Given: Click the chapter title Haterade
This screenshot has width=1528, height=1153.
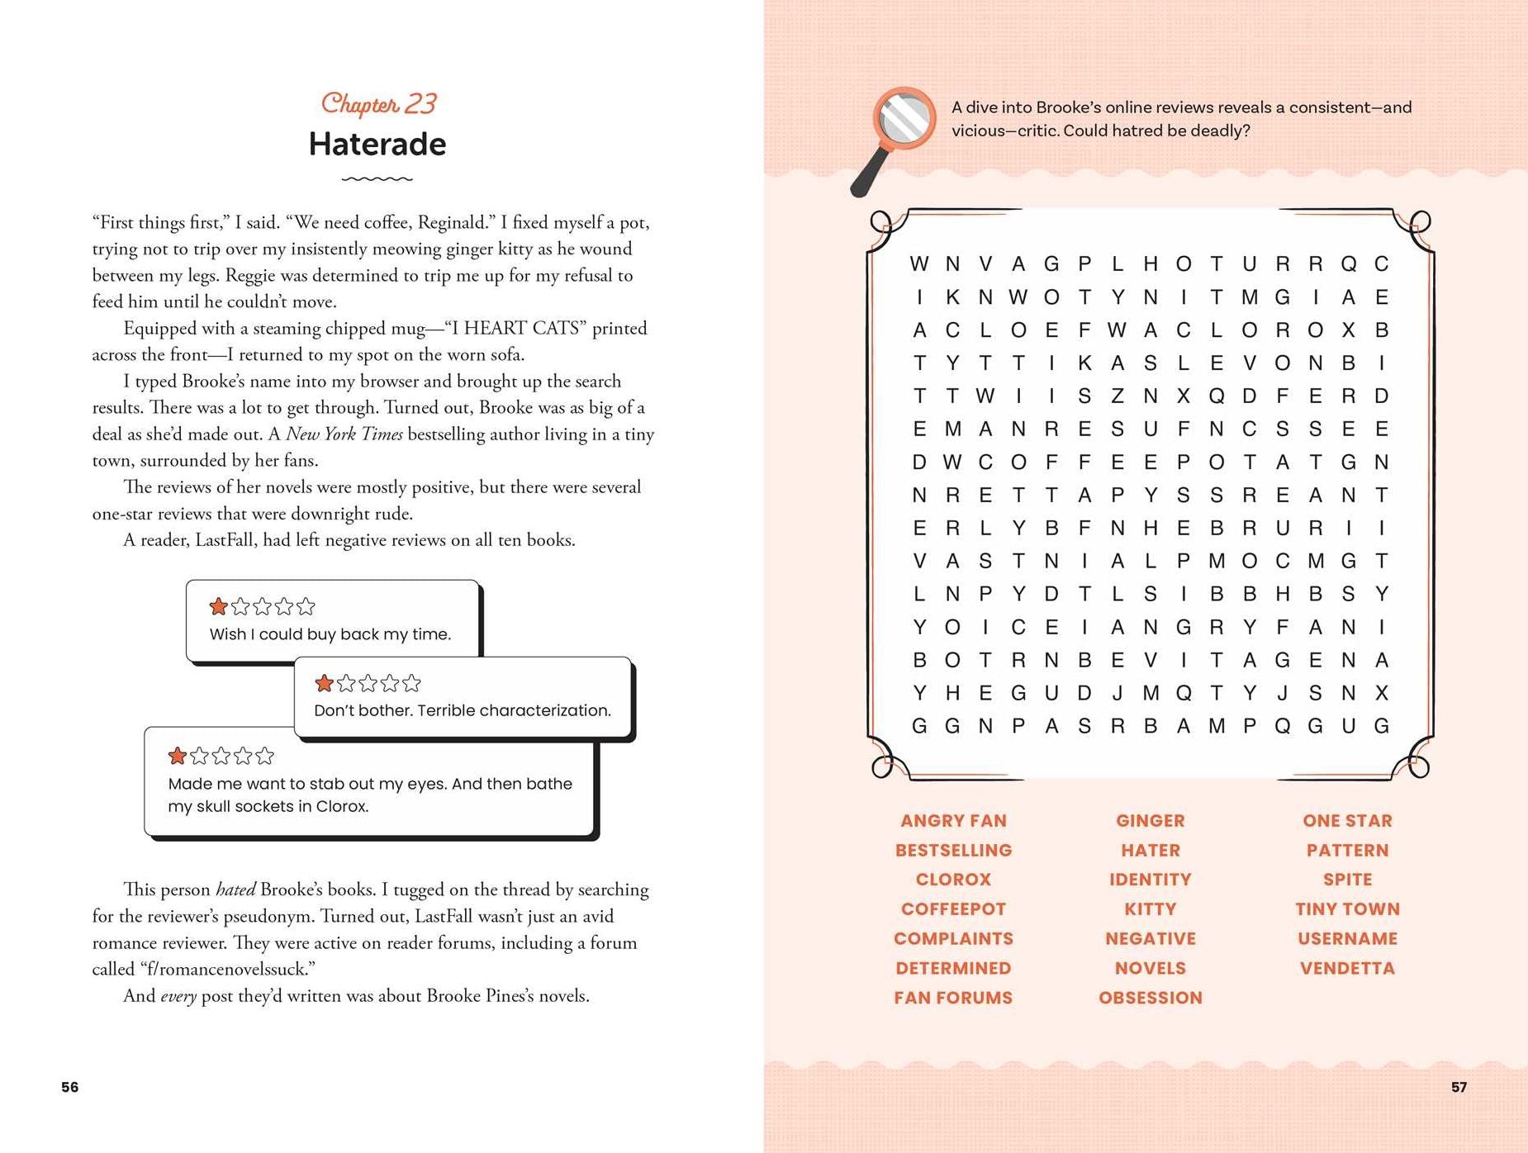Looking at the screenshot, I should click(x=377, y=145).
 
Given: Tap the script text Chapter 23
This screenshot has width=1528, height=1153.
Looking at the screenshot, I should click(x=378, y=104).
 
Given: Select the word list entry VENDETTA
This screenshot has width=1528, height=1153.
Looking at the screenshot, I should click(x=1347, y=968).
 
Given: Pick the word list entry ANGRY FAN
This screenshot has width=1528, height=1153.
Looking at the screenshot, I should click(x=953, y=821).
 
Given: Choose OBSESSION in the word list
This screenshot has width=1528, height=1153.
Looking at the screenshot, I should click(x=1150, y=998).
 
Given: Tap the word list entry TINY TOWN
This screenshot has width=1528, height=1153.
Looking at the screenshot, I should click(x=1347, y=909).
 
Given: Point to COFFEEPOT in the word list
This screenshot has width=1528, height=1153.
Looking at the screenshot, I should click(x=953, y=909).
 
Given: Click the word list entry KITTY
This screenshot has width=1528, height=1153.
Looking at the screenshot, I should click(x=1150, y=909).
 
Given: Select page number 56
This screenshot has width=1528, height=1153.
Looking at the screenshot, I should click(x=70, y=1087).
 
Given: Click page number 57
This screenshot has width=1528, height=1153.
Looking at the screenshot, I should click(x=1459, y=1087).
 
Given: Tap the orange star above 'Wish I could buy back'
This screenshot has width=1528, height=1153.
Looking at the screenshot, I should click(x=219, y=607).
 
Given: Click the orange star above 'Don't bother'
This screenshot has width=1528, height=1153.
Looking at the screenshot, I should click(x=325, y=683).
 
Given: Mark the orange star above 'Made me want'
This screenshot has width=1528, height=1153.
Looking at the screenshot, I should click(x=178, y=756).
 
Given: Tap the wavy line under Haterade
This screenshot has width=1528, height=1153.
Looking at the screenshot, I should click(x=377, y=178).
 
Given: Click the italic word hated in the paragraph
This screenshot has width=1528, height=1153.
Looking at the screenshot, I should click(x=235, y=890).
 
